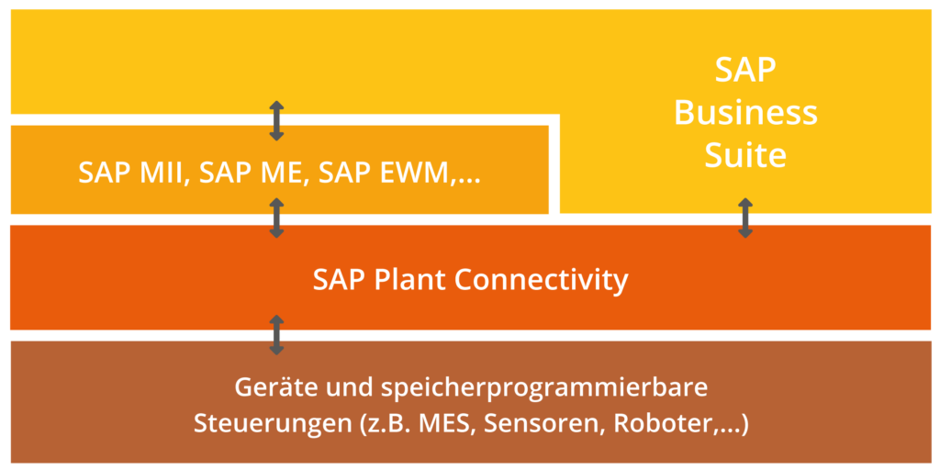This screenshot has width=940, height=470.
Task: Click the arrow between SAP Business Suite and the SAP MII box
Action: tap(276, 121)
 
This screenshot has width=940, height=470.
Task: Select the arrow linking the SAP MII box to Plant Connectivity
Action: tap(276, 218)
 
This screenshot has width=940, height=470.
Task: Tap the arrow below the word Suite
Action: tap(745, 218)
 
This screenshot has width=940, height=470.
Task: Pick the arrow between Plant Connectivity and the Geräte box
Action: tap(276, 335)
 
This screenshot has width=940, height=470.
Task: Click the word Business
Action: tap(745, 112)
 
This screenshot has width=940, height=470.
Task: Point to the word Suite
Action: tap(745, 154)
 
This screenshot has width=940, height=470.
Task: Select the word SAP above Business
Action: tap(745, 70)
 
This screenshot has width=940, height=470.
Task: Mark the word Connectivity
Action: tap(542, 278)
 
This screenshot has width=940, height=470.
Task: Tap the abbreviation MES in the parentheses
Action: tap(444, 425)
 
